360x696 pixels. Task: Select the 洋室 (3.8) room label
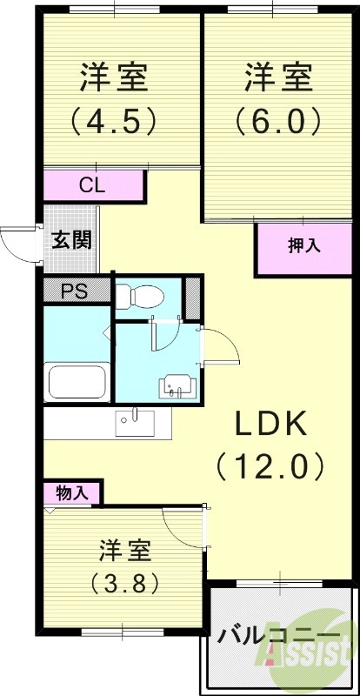click(x=125, y=566)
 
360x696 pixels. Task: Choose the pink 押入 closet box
click(x=304, y=247)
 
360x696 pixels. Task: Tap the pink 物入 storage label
click(x=71, y=492)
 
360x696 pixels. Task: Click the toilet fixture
click(x=138, y=296)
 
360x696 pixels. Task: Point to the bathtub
click(x=77, y=380)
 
